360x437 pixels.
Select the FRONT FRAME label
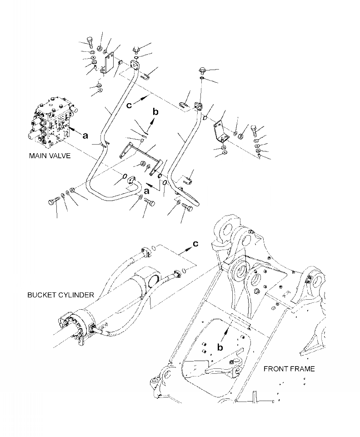289,369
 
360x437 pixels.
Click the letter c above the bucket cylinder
195,244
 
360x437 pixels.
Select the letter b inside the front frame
220,347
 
